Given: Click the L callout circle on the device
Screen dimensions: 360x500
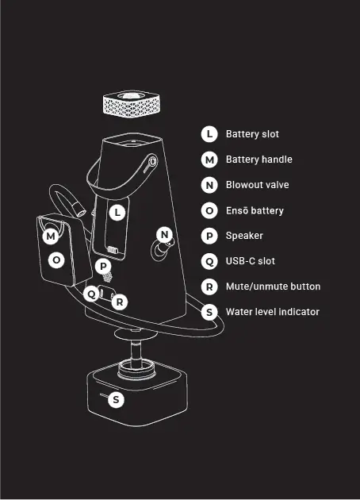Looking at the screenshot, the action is click(x=117, y=213).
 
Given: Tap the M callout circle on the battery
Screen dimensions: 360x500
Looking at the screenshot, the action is click(x=51, y=237).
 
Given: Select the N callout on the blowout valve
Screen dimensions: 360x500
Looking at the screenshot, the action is click(x=164, y=235).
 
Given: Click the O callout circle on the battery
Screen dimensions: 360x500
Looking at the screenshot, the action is click(x=56, y=260).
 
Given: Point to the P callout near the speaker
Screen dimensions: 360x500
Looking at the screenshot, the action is click(x=103, y=266).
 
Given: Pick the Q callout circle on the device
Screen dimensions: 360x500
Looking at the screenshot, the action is click(x=91, y=294).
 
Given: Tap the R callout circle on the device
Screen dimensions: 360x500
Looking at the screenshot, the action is click(x=120, y=302).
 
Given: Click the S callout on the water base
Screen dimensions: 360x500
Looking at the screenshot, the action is click(x=116, y=399).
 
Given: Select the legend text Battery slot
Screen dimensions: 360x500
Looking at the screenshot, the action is click(x=252, y=134).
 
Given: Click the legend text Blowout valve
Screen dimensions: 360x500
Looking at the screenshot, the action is click(x=258, y=185).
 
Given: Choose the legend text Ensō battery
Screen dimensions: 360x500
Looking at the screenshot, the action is click(x=255, y=210).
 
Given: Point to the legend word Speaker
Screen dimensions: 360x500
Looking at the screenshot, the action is click(x=244, y=236).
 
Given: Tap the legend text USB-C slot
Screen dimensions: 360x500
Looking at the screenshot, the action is click(x=251, y=261).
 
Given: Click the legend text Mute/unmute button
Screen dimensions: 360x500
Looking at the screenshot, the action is click(x=273, y=287).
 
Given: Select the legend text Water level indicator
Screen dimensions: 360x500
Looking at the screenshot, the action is click(x=273, y=312).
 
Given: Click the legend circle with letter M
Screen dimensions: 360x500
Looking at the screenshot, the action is click(x=209, y=160).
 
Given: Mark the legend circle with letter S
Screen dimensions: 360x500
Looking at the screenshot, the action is click(x=209, y=312).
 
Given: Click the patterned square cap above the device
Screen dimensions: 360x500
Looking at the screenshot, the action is click(x=132, y=104).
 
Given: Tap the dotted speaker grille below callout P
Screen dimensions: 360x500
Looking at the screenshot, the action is click(x=108, y=277).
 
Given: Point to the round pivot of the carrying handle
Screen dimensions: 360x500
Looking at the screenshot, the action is click(x=153, y=161).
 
